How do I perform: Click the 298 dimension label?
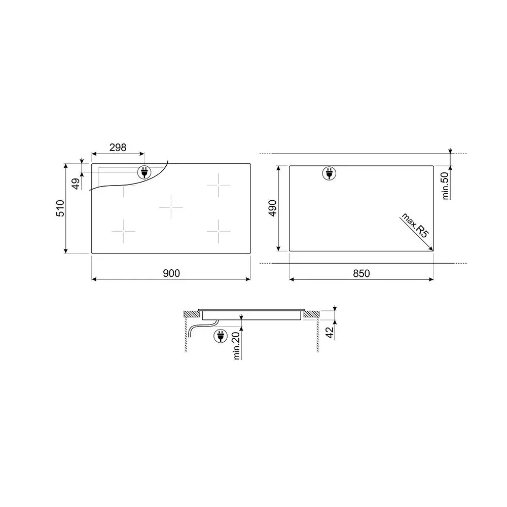point(118,148)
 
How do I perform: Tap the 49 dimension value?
point(76,184)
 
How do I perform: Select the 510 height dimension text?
point(60,208)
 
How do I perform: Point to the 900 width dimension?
point(171,273)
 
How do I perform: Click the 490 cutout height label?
point(273,208)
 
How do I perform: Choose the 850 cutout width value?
point(361,274)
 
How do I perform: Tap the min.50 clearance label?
point(445,186)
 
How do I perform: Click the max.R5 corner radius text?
point(415,225)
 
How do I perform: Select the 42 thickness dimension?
point(330,333)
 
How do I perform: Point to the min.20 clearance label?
point(236,346)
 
